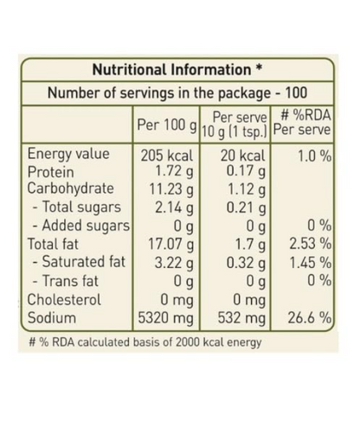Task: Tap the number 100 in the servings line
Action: [296, 92]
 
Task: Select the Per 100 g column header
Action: [167, 124]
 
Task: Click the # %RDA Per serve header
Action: [302, 122]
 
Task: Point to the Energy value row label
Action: [68, 154]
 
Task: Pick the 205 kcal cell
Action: [166, 156]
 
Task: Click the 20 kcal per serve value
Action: [242, 156]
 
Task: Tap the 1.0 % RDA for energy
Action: [314, 156]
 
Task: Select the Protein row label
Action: [51, 172]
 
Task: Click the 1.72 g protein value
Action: [174, 171]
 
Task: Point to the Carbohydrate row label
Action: [70, 188]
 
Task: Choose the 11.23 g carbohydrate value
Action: [171, 189]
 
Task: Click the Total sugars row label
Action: [76, 207]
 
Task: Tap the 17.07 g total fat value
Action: [170, 245]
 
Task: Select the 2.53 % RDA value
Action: [311, 244]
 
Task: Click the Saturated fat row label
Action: [79, 262]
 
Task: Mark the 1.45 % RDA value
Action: [311, 263]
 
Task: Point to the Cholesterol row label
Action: [64, 299]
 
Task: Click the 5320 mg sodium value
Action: [165, 318]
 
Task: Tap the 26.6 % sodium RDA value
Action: [310, 318]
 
